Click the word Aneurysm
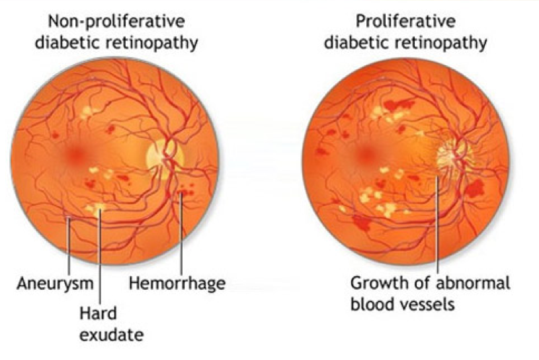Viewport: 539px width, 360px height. click(55, 284)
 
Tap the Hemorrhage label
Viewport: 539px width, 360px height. click(177, 283)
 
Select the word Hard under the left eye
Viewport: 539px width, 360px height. click(98, 313)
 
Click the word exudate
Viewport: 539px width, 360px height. click(111, 335)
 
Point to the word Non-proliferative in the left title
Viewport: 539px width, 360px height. click(116, 21)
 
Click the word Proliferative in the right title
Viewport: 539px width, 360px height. click(405, 21)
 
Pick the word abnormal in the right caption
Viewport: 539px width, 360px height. click(473, 283)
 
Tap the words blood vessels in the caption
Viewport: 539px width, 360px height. click(402, 304)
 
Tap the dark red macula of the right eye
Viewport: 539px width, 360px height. click(365, 155)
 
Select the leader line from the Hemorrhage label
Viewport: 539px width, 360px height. click(181, 234)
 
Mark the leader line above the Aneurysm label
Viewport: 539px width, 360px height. click(69, 246)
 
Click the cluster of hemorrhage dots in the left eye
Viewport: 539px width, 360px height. click(186, 191)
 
